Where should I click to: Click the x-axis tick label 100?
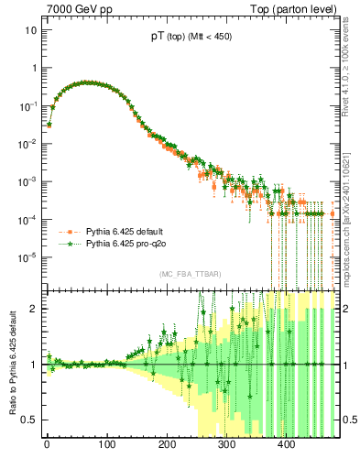click(x=106, y=446)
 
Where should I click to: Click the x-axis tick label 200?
click(x=167, y=446)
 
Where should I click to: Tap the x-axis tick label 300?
click(x=227, y=446)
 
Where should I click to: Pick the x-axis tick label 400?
click(x=287, y=446)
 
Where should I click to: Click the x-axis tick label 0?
click(x=47, y=446)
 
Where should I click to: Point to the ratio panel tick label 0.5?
click(x=29, y=420)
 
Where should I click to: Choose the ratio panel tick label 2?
click(x=34, y=309)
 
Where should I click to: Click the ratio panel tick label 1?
click(x=34, y=365)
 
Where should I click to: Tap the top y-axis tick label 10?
click(x=29, y=29)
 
